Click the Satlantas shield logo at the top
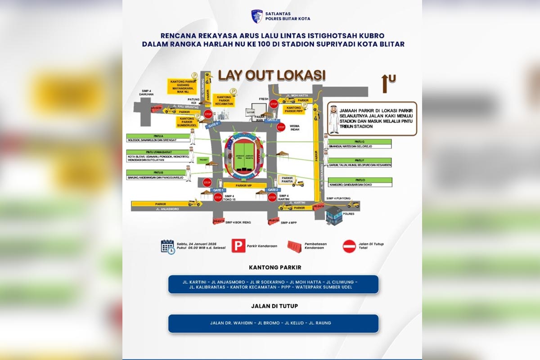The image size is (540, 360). pyautogui.click(x=256, y=16)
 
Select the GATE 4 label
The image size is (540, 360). pyautogui.click(x=213, y=125)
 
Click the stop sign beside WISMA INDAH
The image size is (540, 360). pyautogui.click(x=281, y=127)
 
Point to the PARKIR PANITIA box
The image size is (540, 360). pyautogui.click(x=288, y=180)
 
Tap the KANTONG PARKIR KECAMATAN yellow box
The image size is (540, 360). pyautogui.click(x=224, y=100)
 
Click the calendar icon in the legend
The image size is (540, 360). pyautogui.click(x=168, y=247)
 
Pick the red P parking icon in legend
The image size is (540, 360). pyautogui.click(x=238, y=246)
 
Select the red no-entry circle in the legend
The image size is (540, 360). pyautogui.click(x=349, y=246)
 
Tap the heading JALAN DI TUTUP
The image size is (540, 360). pyautogui.click(x=273, y=306)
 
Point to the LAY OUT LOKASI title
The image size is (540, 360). pyautogui.click(x=272, y=75)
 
